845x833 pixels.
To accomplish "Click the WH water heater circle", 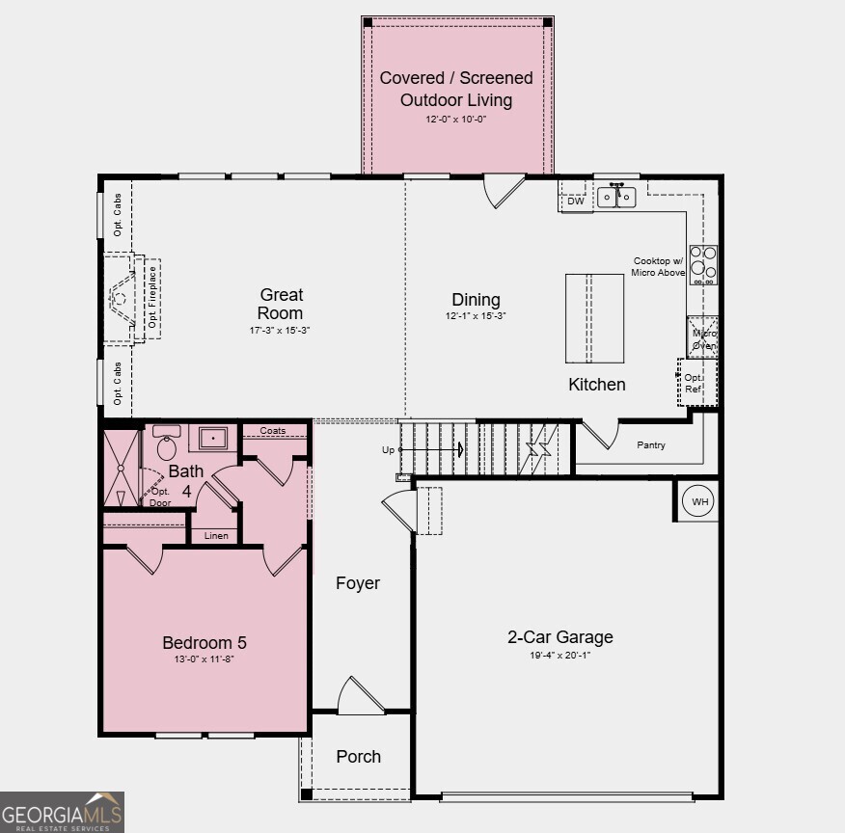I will tap(698, 501).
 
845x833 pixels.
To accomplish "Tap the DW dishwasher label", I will tap(575, 202).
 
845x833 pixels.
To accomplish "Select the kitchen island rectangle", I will tap(594, 318).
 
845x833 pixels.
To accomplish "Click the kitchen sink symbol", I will tap(616, 197).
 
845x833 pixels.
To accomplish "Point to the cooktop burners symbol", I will tap(703, 265).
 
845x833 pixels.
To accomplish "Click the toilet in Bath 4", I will tap(167, 444).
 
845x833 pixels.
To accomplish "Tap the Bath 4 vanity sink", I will tap(212, 439).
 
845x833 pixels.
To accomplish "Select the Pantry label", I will tap(652, 445).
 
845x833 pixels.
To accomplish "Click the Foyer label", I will tap(358, 583).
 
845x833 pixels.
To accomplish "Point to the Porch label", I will tap(358, 757).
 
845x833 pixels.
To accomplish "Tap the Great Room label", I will tap(281, 304).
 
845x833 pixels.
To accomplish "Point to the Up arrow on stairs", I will tap(429, 450).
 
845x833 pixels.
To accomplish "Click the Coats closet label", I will tap(273, 431).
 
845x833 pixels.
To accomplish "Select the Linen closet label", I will tap(215, 535).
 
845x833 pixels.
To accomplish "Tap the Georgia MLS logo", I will tap(62, 812).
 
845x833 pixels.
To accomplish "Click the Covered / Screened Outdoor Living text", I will tap(456, 89).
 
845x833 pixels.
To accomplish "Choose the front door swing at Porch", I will tap(359, 696).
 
